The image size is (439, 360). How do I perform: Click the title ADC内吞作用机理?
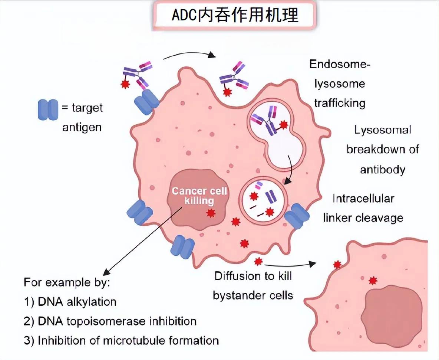pos(235,16)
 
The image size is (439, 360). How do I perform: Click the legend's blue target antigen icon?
pos(48,109)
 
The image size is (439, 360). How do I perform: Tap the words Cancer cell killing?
pos(199,196)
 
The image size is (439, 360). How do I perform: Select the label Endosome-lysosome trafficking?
pos(340,84)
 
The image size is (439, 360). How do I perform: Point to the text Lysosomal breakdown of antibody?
pos(382,150)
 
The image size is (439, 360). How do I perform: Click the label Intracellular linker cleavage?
pos(363,208)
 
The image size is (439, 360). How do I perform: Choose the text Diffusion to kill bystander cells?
pos(253,285)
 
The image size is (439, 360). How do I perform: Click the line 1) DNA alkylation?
pos(70,302)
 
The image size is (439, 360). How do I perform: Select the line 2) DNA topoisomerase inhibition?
pos(110,321)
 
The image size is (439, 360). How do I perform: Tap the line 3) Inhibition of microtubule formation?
pos(121,340)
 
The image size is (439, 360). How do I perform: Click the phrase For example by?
pos(67,282)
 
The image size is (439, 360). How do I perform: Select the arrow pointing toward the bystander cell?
pos(291,265)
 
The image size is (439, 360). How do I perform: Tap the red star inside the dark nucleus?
pos(211,213)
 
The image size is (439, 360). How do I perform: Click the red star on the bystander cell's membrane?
pos(337,265)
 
